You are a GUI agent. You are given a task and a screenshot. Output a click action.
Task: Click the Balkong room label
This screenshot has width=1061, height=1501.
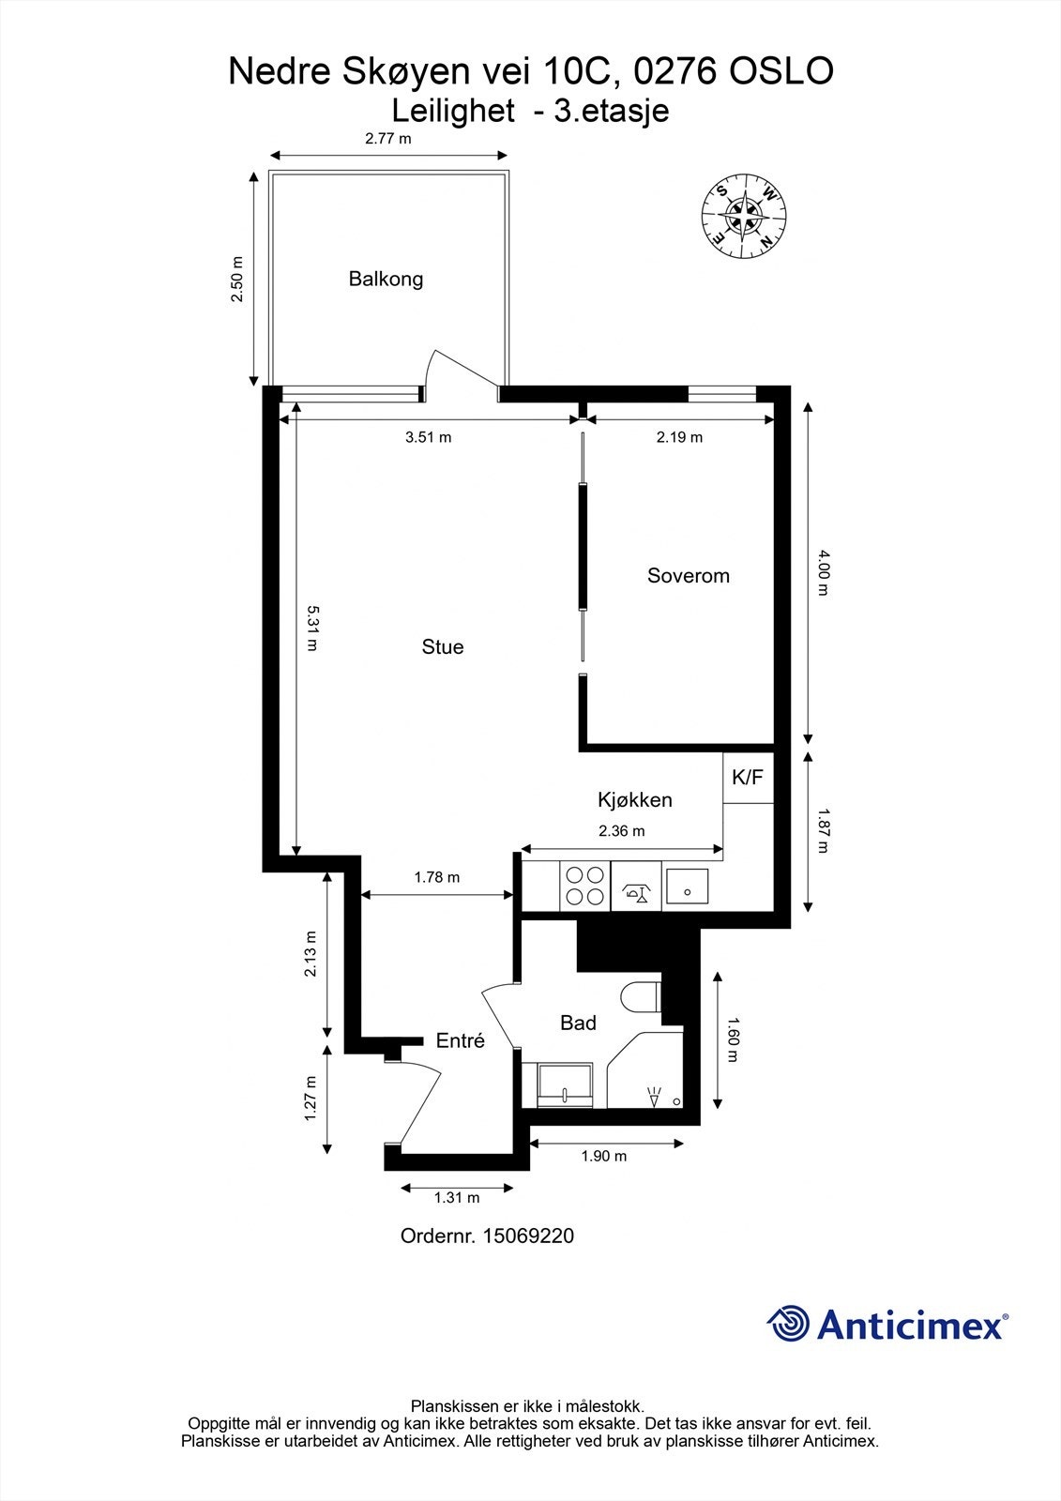386,279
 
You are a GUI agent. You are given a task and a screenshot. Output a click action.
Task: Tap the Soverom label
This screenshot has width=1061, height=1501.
688,576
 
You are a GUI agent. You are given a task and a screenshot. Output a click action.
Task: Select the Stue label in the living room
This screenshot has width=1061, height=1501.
442,647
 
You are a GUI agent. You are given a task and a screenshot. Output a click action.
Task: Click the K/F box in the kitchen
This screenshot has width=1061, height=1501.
748,777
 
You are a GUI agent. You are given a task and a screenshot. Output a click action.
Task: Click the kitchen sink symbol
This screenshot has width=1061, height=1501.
687,886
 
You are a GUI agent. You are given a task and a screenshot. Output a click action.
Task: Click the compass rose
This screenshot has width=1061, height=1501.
745,216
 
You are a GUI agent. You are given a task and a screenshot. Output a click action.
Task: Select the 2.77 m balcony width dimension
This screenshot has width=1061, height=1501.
388,139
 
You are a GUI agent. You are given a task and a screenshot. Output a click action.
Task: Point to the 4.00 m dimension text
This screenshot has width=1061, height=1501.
823,573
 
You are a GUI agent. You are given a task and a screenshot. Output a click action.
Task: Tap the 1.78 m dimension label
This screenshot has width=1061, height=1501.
437,877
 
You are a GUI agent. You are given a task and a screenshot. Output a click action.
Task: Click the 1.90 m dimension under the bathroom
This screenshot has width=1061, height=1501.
604,1156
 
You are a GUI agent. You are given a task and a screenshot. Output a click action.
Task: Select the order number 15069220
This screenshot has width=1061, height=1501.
527,1236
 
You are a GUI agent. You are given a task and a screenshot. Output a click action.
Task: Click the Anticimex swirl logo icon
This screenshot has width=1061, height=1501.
788,1324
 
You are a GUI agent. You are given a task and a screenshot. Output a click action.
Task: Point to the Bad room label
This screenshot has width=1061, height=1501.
578,1023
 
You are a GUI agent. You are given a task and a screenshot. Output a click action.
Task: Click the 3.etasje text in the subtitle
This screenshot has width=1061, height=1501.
612,111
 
